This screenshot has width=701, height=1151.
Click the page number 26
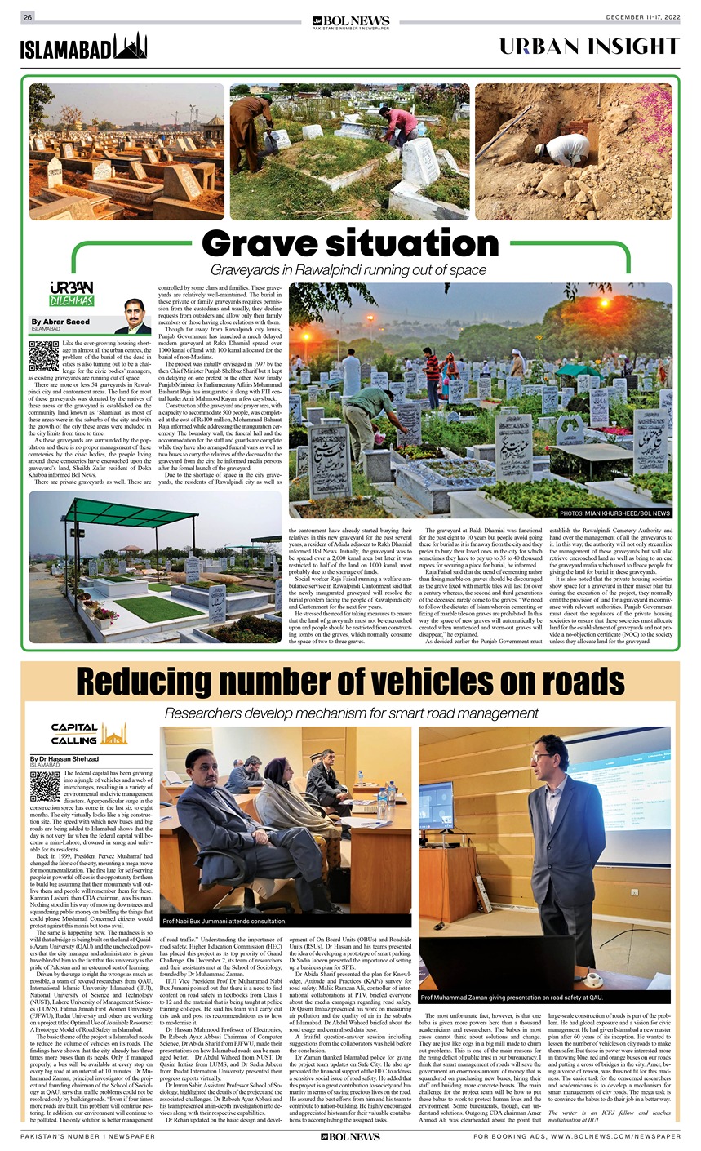tap(28, 17)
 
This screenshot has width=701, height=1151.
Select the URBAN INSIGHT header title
tap(589, 47)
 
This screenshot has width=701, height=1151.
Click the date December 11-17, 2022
tap(642, 17)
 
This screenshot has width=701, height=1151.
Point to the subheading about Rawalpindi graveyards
tap(349, 270)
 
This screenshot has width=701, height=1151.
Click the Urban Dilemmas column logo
tap(72, 295)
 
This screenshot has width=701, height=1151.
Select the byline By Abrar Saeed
tap(60, 322)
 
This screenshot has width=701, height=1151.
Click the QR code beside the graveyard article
tap(43, 356)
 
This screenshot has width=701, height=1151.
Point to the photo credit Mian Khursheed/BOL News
tap(615, 513)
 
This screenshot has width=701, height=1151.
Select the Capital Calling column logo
tap(87, 733)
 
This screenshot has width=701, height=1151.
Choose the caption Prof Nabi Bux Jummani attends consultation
tap(224, 921)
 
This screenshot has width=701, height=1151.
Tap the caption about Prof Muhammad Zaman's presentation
tap(511, 998)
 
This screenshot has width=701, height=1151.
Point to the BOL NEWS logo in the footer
tap(350, 1136)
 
